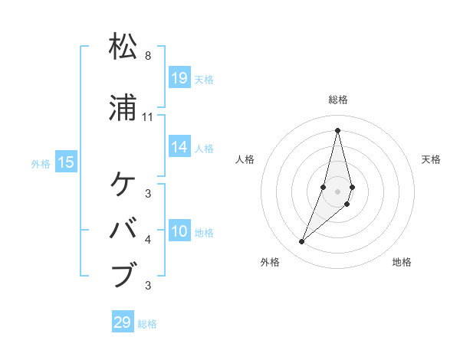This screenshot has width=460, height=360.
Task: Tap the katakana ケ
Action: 123,185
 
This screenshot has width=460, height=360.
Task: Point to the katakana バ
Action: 123,229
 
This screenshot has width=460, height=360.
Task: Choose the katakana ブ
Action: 123,274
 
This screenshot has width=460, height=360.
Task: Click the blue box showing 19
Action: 179,77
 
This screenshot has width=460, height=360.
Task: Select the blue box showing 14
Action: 179,147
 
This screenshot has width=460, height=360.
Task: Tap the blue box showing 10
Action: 179,231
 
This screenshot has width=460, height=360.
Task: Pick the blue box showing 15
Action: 66,162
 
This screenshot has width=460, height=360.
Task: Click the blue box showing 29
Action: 123,322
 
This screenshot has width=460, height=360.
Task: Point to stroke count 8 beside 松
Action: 148,56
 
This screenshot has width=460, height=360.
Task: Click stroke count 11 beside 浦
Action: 148,117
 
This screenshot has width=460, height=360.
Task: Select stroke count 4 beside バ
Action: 148,240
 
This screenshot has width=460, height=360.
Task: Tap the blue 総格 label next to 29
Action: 147,324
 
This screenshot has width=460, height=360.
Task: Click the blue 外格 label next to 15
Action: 41,163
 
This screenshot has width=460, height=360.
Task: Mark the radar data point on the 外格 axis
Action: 301,242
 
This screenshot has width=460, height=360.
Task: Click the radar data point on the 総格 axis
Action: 337,129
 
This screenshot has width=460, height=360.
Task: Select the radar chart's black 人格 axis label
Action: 245,159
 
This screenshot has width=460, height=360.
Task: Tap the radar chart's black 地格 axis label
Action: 402,262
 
